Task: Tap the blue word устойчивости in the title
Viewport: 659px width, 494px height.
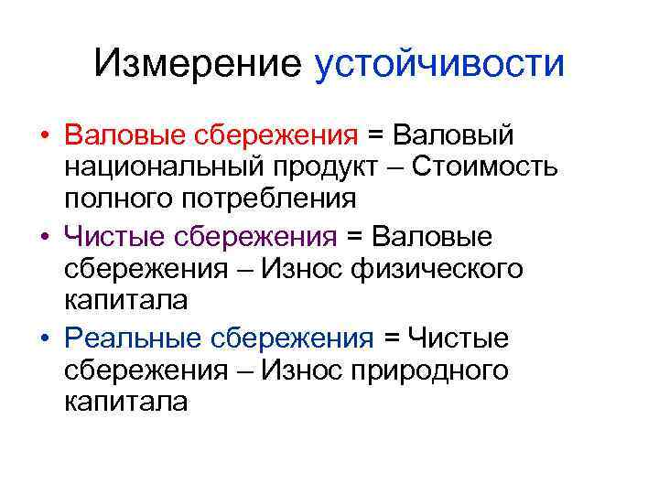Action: click(439, 64)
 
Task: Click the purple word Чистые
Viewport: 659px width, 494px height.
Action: click(114, 237)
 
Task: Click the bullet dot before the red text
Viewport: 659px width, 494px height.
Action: click(44, 137)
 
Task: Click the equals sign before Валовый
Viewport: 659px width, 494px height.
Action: click(375, 136)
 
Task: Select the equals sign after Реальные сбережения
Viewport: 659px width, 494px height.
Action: click(391, 338)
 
